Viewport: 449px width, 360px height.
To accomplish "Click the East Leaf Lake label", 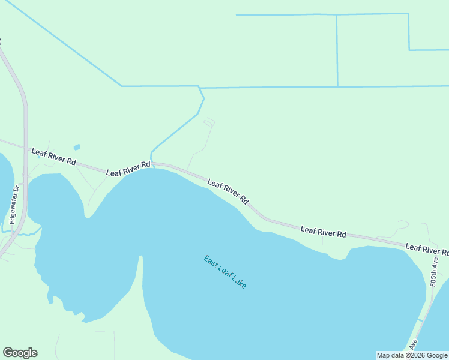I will (225, 272).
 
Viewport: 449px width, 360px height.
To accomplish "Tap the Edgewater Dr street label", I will (16, 205).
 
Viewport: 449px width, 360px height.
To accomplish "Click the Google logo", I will (20, 353).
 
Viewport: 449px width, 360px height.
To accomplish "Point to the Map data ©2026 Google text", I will (412, 355).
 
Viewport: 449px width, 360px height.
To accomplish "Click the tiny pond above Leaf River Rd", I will (77, 147).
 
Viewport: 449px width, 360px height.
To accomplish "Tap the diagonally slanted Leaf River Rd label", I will (228, 191).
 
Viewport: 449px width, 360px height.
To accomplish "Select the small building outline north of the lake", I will (209, 122).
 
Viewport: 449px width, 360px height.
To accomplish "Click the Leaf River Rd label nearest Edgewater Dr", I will (53, 157).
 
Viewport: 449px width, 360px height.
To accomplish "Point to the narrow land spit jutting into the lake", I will (142, 288).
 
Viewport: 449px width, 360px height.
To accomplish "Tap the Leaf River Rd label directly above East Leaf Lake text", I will (228, 191).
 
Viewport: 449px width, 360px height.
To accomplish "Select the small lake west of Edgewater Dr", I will (5, 186).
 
